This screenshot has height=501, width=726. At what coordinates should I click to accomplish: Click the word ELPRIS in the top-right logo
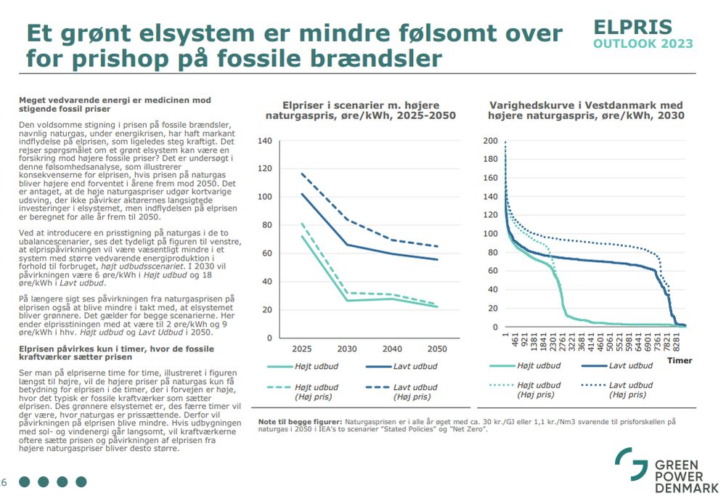point(632,27)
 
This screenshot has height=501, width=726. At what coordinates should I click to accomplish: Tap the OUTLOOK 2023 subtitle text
point(643,44)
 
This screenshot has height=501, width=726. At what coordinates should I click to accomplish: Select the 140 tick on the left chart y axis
point(265,141)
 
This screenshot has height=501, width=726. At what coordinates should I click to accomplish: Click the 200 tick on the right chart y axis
point(492,141)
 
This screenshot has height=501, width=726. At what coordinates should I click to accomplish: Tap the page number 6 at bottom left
point(4,481)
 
